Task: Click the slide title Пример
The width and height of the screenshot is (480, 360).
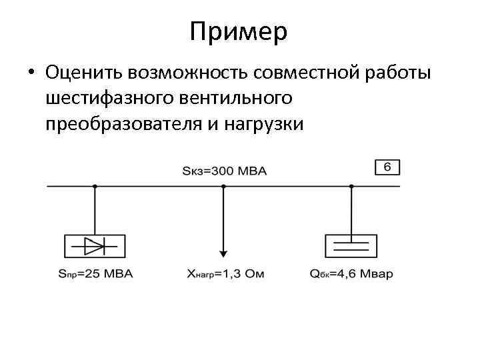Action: (238, 32)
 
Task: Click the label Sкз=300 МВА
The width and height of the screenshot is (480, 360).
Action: (224, 171)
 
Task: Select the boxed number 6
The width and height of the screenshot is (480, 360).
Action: (387, 167)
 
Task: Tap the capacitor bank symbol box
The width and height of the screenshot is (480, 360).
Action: (351, 246)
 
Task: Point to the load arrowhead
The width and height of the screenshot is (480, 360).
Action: (223, 253)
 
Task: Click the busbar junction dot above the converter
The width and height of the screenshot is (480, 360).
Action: (94, 186)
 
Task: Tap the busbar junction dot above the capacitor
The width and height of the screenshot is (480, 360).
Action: (351, 186)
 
